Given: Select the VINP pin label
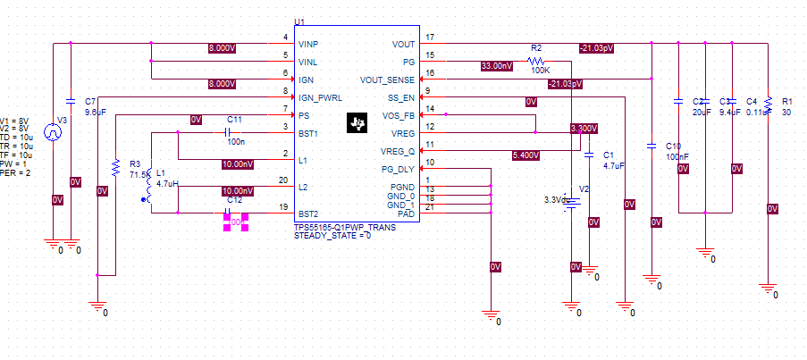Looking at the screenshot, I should click(x=308, y=44).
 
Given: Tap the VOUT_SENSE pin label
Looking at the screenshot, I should click(x=386, y=80).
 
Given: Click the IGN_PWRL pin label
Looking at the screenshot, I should click(x=318, y=97).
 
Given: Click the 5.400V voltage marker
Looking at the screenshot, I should click(x=525, y=155).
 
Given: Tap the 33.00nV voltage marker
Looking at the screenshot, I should click(x=497, y=66).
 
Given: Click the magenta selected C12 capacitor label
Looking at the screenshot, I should click(x=235, y=221).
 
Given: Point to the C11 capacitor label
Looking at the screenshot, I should click(x=235, y=119).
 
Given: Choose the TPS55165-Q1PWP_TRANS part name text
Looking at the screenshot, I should click(x=344, y=227).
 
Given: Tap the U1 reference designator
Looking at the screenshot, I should click(x=299, y=21).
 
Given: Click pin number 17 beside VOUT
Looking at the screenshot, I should click(x=430, y=38).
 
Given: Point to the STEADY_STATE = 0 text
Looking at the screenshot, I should click(x=332, y=235).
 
